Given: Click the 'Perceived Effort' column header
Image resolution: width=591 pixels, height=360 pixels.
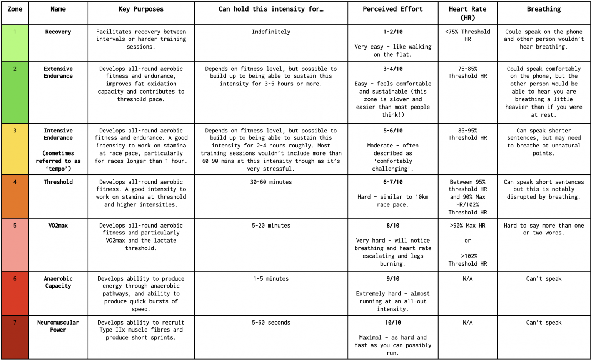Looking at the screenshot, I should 392,9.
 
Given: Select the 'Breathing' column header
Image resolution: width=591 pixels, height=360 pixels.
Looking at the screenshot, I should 544,9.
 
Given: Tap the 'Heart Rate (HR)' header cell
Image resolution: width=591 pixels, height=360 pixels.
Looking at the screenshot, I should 467,13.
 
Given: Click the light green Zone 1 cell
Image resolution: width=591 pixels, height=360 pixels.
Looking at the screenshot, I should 15,43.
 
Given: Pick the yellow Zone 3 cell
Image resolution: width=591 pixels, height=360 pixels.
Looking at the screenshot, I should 15,149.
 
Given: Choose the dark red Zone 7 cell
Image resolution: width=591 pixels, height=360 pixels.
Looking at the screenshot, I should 15,337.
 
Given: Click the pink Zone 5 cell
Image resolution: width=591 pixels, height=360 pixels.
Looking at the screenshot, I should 15,245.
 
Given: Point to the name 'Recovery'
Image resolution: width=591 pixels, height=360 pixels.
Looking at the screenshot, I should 58,32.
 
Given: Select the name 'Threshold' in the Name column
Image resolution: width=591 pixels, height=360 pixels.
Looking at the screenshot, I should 58,182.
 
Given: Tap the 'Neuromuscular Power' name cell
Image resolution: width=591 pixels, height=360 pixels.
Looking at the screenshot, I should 58,326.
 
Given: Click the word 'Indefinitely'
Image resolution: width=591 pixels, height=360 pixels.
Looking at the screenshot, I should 271,32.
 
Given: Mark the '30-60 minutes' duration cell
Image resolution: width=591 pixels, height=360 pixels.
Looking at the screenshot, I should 271,182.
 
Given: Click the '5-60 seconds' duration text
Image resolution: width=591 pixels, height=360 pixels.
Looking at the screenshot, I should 271,323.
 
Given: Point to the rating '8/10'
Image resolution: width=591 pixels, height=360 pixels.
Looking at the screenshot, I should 393,226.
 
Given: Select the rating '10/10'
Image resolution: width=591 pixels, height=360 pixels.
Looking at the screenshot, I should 393,323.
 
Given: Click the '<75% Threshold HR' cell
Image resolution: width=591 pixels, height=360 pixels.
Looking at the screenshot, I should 467,35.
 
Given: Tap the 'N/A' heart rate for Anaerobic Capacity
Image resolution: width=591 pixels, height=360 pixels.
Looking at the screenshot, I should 467,279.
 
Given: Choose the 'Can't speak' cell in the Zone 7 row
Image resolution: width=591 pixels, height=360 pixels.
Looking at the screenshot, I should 544,323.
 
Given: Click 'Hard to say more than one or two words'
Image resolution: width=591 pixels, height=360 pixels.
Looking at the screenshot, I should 544,229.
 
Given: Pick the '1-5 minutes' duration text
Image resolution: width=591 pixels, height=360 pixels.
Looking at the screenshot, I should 271,279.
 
